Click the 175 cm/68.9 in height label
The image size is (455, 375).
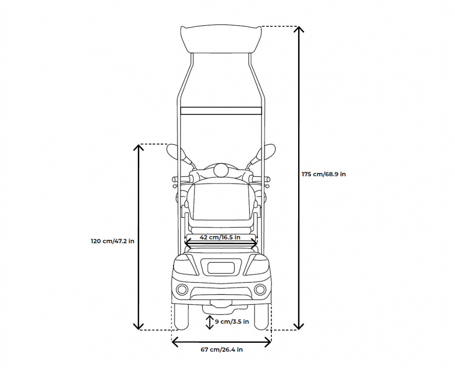tap(324, 174)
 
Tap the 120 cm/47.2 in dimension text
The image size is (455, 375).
tap(112, 241)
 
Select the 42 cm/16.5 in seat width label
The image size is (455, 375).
tap(220, 237)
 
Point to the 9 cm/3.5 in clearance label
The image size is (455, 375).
tap(232, 321)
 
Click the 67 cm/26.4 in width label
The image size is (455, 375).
tap(222, 350)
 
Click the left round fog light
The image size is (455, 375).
tap(182, 289)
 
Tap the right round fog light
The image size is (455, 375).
tap(260, 289)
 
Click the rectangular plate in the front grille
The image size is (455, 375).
tap(221, 267)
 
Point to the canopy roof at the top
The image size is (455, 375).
tap(221, 40)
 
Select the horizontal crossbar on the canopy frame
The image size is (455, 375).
tap(221, 110)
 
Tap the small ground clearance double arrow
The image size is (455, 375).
tap(210, 322)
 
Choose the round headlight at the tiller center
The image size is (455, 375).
tap(221, 170)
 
